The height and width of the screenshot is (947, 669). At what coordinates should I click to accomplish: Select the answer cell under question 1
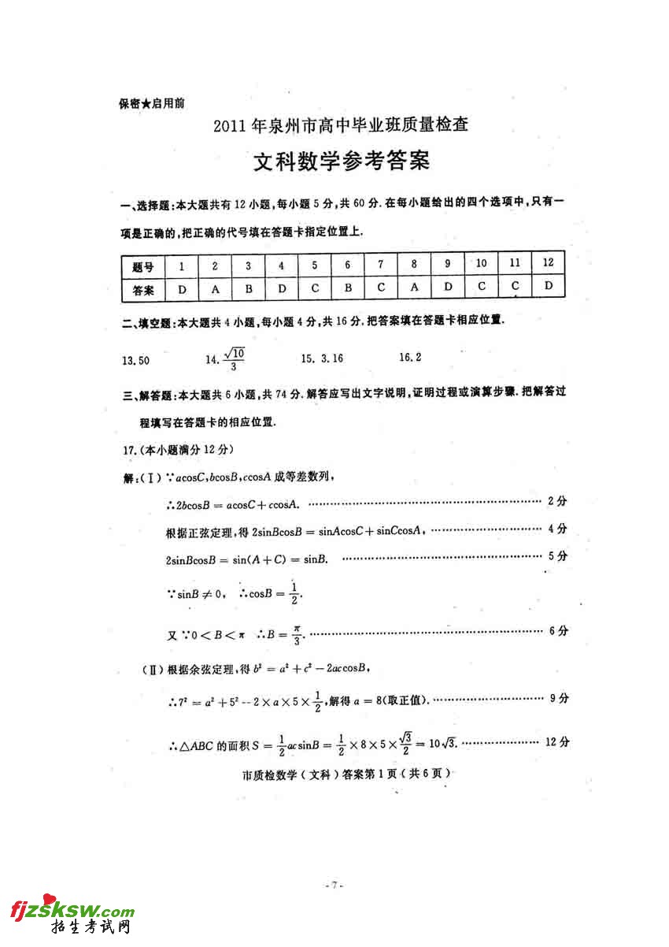[182, 289]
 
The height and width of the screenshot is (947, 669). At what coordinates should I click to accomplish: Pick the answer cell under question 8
[414, 287]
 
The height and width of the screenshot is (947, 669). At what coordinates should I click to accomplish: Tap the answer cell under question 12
[549, 285]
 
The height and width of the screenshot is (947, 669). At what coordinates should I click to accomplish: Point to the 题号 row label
[143, 268]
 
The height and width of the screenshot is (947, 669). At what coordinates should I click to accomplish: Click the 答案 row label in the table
[143, 290]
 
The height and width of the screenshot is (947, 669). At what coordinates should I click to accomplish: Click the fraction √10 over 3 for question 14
[234, 359]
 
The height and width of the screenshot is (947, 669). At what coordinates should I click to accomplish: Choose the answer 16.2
[410, 358]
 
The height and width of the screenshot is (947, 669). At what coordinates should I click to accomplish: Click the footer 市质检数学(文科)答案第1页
[347, 774]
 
